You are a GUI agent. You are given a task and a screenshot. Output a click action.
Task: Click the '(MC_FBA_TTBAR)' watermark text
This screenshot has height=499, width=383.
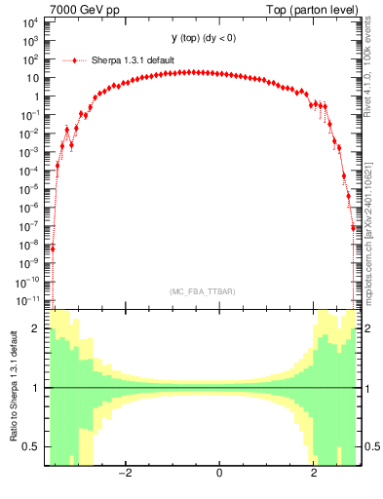coord(201,291)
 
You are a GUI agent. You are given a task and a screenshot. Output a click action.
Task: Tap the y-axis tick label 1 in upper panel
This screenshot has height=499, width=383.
coord(36,96)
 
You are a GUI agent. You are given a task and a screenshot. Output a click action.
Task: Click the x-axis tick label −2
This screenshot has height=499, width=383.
coord(125,474)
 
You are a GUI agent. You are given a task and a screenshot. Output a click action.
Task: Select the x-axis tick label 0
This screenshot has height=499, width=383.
coord(219,474)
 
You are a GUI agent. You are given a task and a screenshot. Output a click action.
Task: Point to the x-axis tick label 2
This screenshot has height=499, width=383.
coord(314,474)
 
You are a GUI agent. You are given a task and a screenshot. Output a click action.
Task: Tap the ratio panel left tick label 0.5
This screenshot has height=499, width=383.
coord(33,446)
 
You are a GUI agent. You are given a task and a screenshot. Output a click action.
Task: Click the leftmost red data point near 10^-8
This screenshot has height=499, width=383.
coord(53,248)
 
